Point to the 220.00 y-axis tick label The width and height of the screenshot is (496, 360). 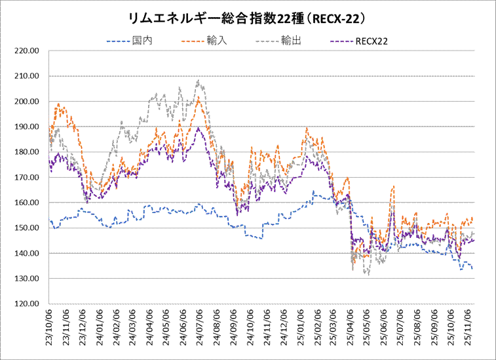pos(29,50)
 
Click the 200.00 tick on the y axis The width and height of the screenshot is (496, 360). pos(29,102)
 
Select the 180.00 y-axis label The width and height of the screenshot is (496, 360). pos(29,152)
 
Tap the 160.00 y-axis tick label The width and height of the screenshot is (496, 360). pos(29,203)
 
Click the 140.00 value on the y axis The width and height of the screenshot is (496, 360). pos(29,254)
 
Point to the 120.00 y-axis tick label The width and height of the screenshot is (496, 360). pos(29,304)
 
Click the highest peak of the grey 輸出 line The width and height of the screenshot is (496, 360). pos(198,81)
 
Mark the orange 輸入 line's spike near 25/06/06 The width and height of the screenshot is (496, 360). pos(393,187)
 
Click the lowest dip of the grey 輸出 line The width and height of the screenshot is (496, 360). pos(369,274)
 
